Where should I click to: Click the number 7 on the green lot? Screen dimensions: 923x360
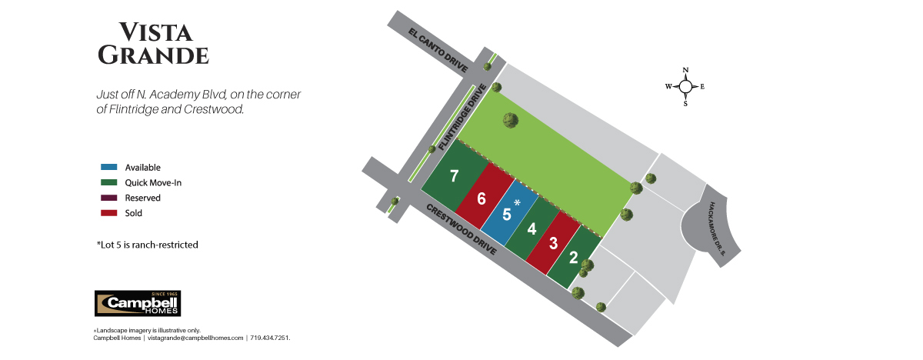pos(454,176)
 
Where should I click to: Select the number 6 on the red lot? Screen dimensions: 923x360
pos(481,198)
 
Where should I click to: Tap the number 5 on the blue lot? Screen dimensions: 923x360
pos(507,215)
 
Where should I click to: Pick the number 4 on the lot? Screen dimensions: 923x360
pos(532,229)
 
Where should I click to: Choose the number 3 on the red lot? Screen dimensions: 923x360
pos(553,243)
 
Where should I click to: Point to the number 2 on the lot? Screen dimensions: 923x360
pos(574,258)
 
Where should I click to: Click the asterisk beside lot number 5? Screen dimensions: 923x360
pos(517,202)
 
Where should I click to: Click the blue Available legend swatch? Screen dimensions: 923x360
pos(108,167)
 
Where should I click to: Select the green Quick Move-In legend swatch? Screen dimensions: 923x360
pos(108,182)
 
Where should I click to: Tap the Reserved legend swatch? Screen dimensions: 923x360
pos(108,198)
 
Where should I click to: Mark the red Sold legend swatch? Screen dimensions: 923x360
pos(108,213)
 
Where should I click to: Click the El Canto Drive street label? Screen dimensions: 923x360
pos(438,50)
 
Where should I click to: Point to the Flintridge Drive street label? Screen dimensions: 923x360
pos(462,117)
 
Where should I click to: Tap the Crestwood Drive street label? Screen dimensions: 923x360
pos(461,229)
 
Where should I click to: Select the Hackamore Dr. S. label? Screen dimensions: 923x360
pos(717,228)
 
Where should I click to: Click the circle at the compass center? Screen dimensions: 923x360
pos(685,86)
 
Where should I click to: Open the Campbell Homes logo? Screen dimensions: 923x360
pos(138,304)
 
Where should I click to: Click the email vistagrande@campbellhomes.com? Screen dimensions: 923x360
pos(195,338)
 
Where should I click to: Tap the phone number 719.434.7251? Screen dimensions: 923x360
pos(270,338)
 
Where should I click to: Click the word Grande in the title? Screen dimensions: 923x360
pos(153,55)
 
